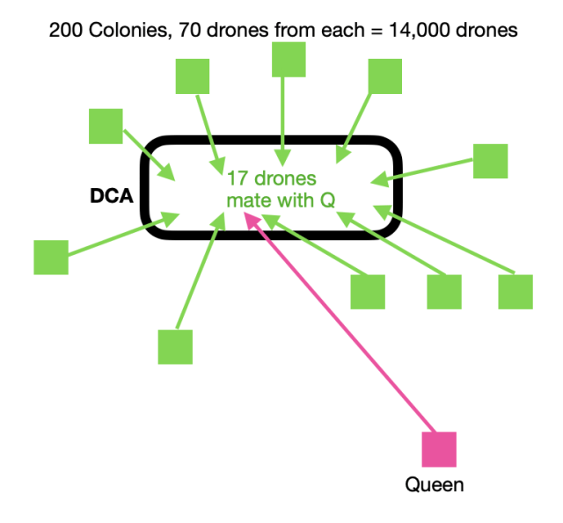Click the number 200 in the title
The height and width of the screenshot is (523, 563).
[x=64, y=30]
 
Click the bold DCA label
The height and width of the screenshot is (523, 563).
[x=112, y=196]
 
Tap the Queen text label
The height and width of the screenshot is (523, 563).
[x=434, y=484]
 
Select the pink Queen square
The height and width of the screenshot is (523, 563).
[x=439, y=450]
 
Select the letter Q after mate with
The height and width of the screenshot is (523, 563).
[x=327, y=200]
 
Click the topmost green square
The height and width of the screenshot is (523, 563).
[x=289, y=59]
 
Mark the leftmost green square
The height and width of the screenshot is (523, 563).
[x=51, y=258]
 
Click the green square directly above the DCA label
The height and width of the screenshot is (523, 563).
[x=106, y=127]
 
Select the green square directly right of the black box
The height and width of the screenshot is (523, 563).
[x=490, y=162]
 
